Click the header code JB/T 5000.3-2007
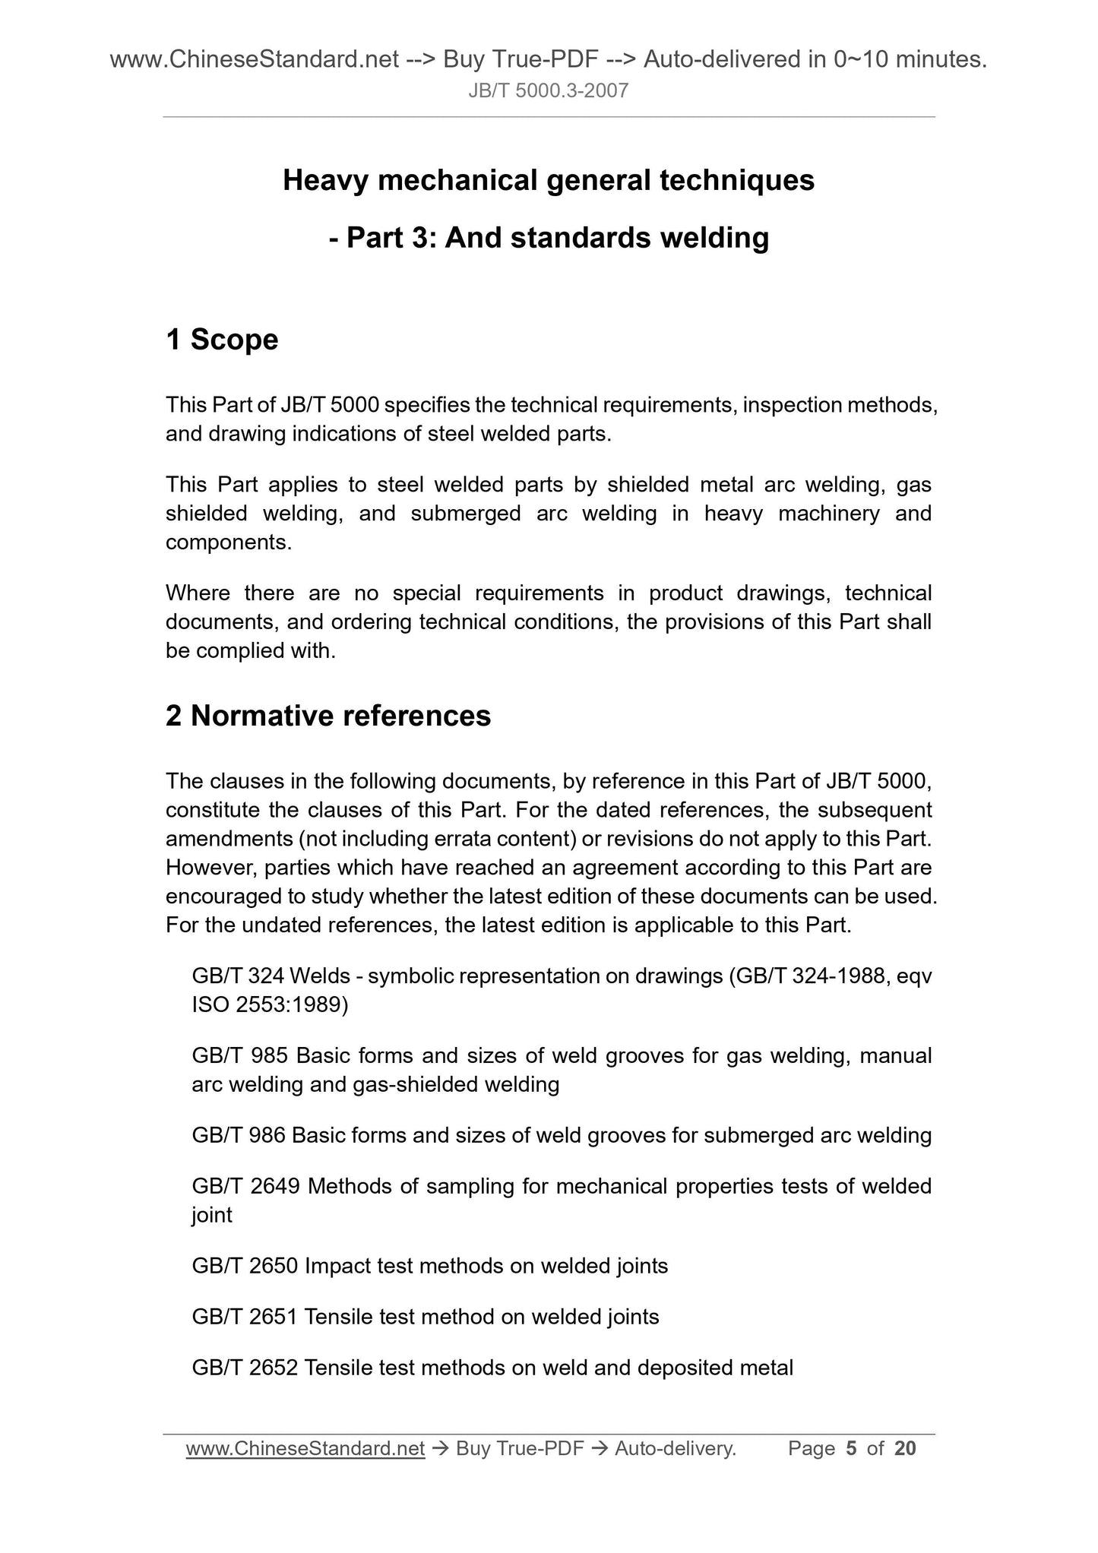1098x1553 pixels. click(549, 91)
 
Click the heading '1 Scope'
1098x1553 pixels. click(222, 340)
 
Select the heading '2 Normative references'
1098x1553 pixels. click(328, 716)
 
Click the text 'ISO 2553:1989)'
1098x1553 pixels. click(270, 1005)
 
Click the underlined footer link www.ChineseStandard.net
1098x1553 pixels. click(305, 1449)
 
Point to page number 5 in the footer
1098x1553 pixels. click(850, 1449)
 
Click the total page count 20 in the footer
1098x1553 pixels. click(905, 1449)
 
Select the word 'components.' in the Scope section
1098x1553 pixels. click(229, 542)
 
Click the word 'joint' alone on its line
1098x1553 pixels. click(212, 1215)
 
